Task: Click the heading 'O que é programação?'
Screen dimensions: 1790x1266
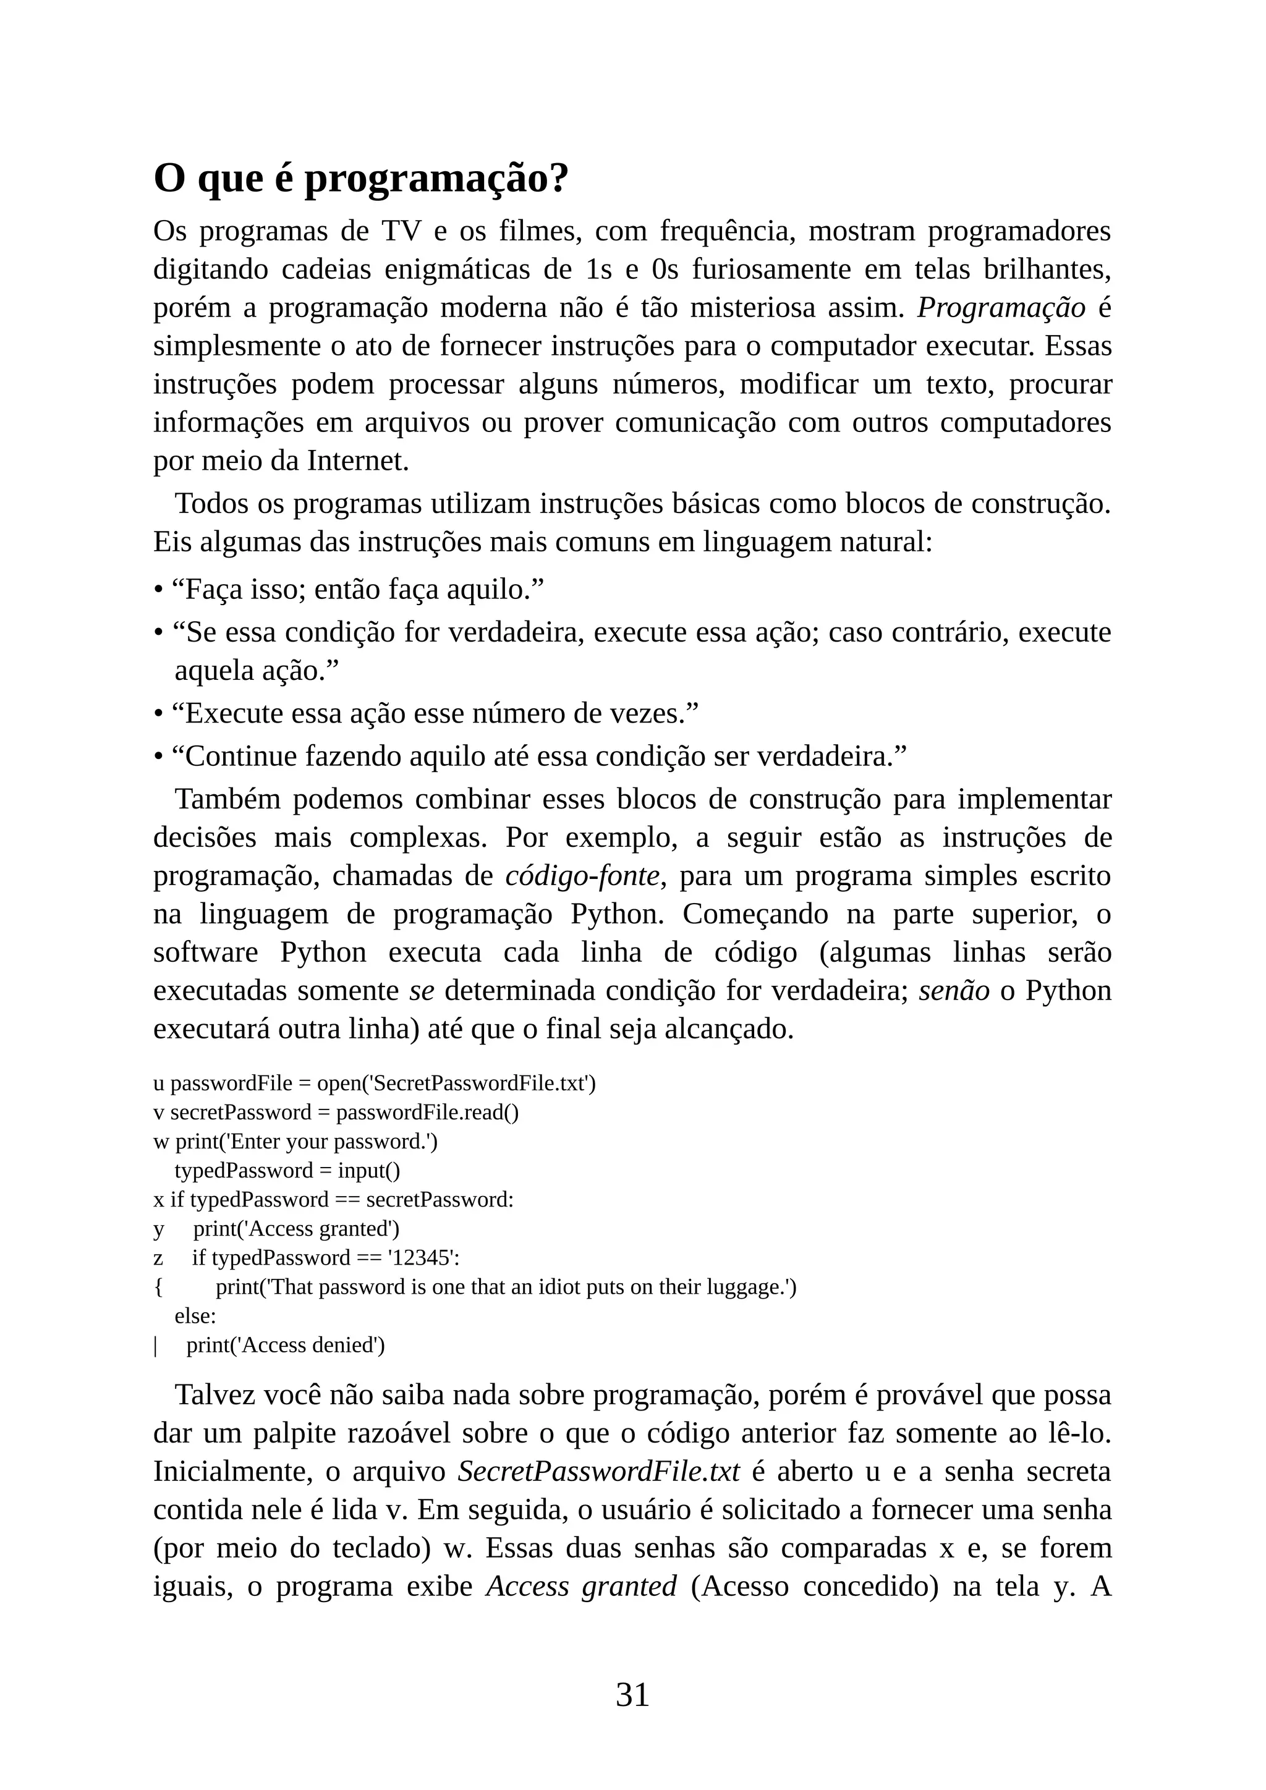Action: [x=361, y=179]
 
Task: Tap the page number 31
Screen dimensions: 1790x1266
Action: [x=632, y=1695]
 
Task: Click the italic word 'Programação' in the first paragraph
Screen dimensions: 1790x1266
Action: [x=1001, y=308]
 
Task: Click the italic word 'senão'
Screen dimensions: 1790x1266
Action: [x=954, y=991]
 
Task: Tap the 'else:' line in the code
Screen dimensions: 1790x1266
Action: [x=195, y=1316]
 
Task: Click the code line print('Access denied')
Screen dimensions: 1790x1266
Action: [x=286, y=1346]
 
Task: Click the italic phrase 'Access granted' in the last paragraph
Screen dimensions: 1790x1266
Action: [x=581, y=1587]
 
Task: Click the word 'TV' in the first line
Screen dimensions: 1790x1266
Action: [x=401, y=232]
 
